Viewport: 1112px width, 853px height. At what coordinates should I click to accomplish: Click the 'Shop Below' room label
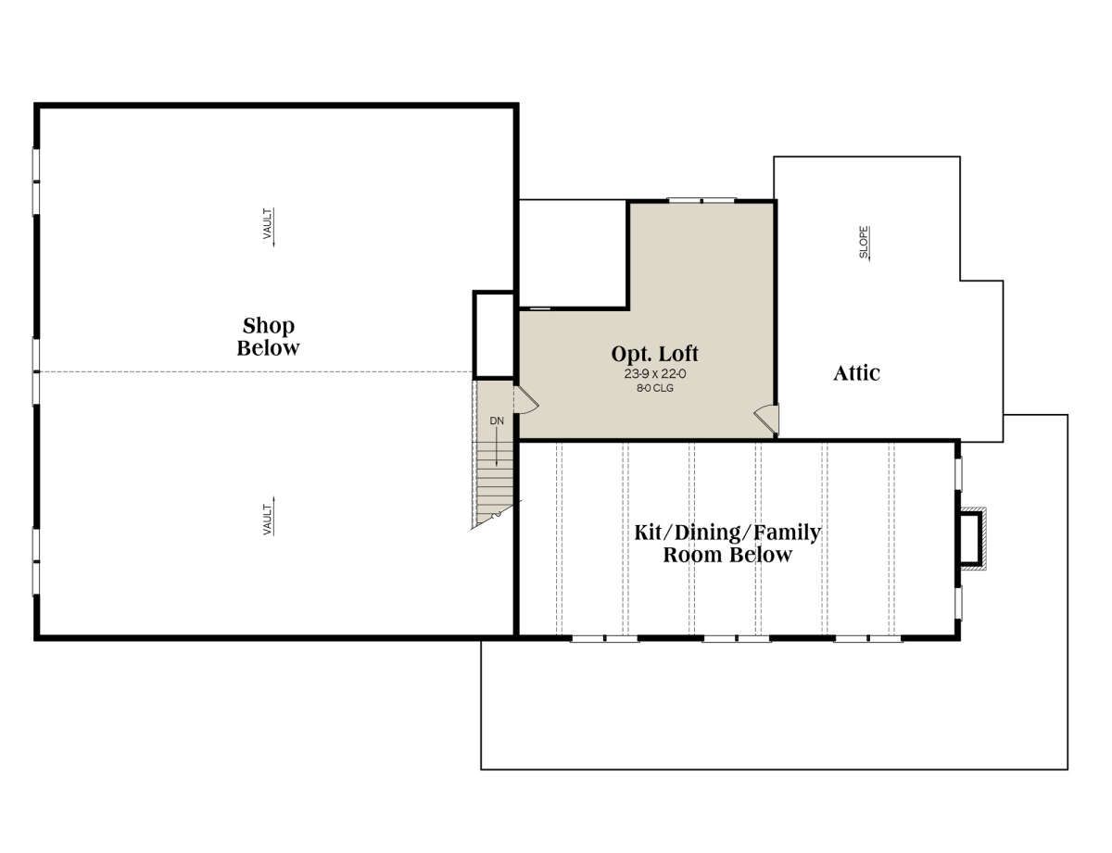[268, 336]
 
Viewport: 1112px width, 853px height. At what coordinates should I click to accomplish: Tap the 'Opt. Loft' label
[654, 354]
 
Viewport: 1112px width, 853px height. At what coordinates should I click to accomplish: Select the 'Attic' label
[856, 373]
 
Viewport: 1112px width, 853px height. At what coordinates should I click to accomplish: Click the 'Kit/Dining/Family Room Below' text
[727, 543]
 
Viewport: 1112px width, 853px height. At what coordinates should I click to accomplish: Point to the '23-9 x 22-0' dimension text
[654, 374]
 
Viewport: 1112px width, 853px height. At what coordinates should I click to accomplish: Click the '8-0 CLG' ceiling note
[654, 388]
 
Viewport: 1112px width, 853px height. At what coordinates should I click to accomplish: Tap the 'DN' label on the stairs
[497, 420]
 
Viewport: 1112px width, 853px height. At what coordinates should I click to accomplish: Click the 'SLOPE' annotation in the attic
[864, 243]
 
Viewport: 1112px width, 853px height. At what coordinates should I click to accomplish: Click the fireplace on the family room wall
[970, 538]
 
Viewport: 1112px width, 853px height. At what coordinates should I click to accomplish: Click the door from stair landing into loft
[526, 399]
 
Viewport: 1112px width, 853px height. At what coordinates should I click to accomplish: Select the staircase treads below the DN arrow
[494, 484]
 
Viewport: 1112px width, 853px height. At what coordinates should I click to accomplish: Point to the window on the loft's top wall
[701, 200]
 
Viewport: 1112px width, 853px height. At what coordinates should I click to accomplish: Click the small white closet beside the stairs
[493, 335]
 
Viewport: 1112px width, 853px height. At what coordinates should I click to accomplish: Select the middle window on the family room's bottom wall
[736, 638]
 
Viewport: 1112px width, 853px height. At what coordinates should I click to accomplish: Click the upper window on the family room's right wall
[958, 474]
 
